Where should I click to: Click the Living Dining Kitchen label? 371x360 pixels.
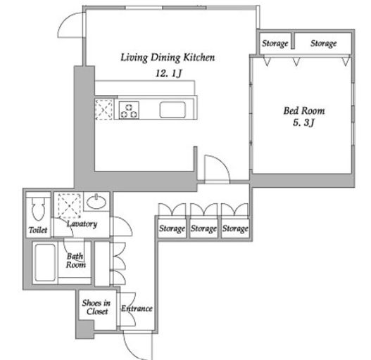click(x=168, y=58)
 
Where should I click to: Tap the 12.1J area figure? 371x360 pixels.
click(x=169, y=73)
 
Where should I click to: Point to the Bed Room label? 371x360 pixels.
click(x=304, y=110)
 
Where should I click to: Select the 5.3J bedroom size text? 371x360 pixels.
click(x=304, y=122)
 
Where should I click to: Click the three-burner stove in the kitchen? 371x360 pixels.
click(x=129, y=110)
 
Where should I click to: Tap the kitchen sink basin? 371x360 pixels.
click(x=172, y=110)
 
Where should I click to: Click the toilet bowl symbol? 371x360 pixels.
click(x=38, y=208)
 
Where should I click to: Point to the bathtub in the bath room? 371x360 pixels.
click(x=45, y=262)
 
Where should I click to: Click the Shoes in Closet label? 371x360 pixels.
click(x=96, y=307)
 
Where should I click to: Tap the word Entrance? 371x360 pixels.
click(x=137, y=309)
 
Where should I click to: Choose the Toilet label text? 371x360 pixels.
click(x=38, y=230)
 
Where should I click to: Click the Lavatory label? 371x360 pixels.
click(x=82, y=224)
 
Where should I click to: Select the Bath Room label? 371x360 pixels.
click(x=75, y=260)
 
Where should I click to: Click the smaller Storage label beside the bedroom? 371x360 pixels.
click(x=275, y=44)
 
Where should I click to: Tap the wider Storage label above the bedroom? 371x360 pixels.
click(x=323, y=44)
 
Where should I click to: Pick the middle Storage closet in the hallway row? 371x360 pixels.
click(x=203, y=229)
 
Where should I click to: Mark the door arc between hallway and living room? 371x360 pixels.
click(x=221, y=163)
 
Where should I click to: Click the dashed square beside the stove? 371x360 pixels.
click(x=104, y=110)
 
